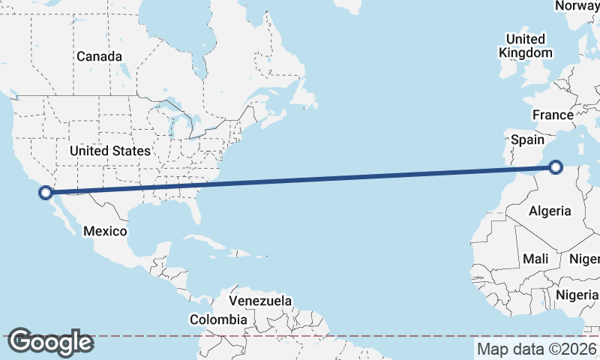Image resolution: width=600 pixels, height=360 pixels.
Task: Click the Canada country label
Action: pos(99,56)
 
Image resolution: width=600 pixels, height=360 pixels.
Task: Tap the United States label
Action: pos(110,151)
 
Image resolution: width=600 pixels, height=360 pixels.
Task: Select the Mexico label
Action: pos(105,231)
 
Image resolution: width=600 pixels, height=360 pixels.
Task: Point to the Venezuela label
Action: pos(260,301)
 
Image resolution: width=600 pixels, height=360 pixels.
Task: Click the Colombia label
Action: pos(217,319)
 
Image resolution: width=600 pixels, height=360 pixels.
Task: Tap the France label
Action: pos(553,115)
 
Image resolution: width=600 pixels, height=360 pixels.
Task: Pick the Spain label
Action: pos(527,139)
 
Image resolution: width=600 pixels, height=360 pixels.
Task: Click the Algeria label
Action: pos(550,211)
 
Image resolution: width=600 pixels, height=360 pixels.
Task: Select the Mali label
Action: pos(535,259)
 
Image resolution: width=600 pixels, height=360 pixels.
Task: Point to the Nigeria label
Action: pos(577,295)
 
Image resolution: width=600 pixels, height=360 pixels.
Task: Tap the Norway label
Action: pos(577,6)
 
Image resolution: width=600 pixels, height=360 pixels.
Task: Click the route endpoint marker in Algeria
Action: pos(556,167)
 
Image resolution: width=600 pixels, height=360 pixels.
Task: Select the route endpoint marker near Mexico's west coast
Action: pos(46,193)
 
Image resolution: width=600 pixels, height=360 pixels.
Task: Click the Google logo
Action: pos(50,342)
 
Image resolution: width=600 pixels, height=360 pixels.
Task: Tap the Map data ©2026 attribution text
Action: pos(536,349)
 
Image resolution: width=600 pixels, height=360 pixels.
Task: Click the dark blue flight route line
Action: pos(300,180)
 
